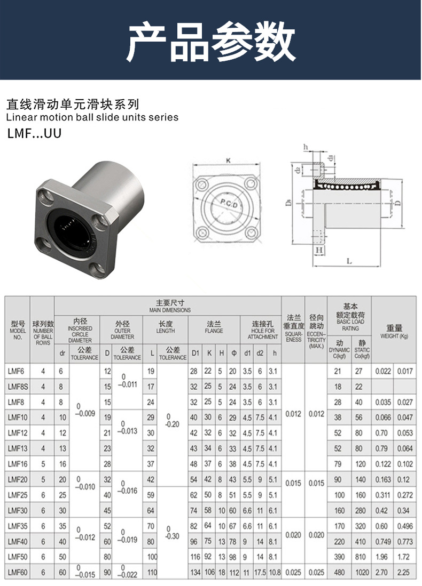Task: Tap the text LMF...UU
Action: click(35, 133)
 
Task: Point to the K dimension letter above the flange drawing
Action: click(229, 160)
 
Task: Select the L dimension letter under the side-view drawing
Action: click(349, 261)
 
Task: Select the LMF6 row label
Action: click(15, 372)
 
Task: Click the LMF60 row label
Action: click(17, 572)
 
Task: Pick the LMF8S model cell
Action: click(17, 387)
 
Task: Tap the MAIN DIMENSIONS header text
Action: click(170, 307)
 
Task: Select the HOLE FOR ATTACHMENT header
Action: click(263, 330)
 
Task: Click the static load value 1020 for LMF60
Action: click(362, 572)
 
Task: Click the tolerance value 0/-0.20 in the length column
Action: click(169, 418)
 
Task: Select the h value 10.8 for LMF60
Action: click(274, 572)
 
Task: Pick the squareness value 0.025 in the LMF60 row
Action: click(293, 572)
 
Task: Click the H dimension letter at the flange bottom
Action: click(319, 250)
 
